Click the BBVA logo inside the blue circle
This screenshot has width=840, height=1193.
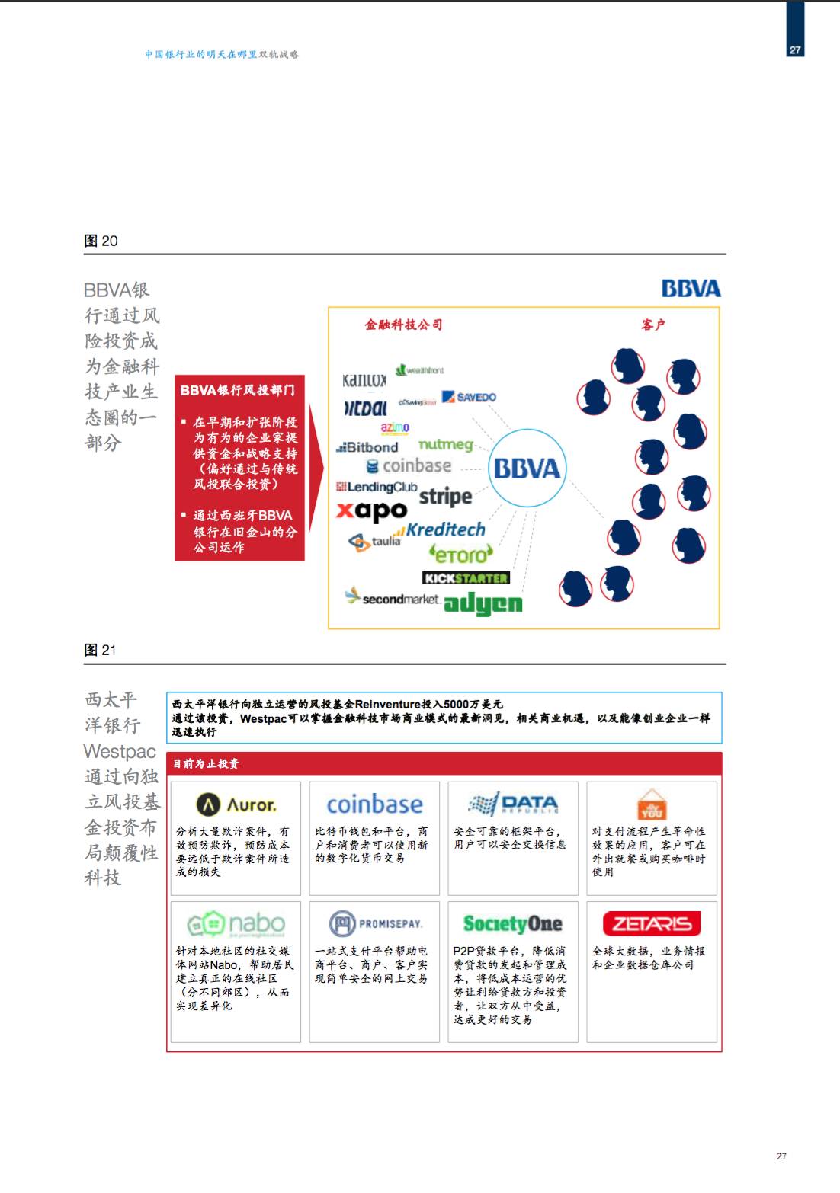pyautogui.click(x=527, y=468)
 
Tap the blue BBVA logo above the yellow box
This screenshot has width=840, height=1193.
pyautogui.click(x=691, y=289)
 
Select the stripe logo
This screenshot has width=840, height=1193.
pyautogui.click(x=445, y=497)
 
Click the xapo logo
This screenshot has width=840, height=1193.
pyautogui.click(x=372, y=510)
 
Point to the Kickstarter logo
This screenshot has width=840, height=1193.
pyautogui.click(x=466, y=578)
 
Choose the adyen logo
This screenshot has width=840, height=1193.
pyautogui.click(x=483, y=604)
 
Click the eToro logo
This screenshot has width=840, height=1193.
pyautogui.click(x=461, y=554)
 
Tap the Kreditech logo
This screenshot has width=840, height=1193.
pyautogui.click(x=443, y=530)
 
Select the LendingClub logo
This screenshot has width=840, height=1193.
pyautogui.click(x=377, y=487)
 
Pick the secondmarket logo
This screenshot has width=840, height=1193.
pyautogui.click(x=393, y=598)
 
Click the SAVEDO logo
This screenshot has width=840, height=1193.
pyautogui.click(x=469, y=397)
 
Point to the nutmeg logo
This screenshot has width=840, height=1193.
pyautogui.click(x=446, y=444)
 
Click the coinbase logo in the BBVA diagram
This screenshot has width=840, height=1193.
pyautogui.click(x=409, y=465)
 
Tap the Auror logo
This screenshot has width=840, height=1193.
pyautogui.click(x=236, y=804)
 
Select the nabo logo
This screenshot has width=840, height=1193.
pyautogui.click(x=236, y=924)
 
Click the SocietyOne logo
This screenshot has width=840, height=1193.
pyautogui.click(x=512, y=924)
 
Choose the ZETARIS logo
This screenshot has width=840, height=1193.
pyautogui.click(x=652, y=924)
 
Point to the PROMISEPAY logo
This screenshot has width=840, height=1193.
pyautogui.click(x=375, y=924)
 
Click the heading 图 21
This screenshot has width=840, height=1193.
pyautogui.click(x=100, y=650)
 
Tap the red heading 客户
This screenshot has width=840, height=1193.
pyautogui.click(x=653, y=325)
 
